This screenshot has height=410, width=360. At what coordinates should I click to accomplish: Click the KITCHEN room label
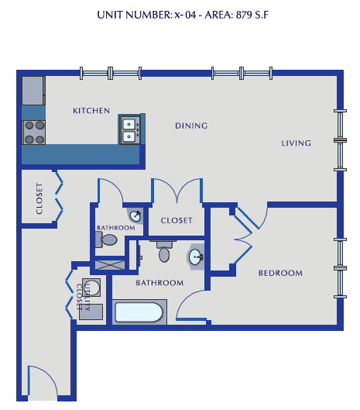click(91, 111)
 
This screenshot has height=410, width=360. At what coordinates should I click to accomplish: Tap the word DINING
click(190, 126)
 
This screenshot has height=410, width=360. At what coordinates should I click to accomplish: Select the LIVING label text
click(296, 143)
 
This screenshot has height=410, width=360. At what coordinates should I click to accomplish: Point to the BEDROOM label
click(279, 273)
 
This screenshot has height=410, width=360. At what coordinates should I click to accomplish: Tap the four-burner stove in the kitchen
click(34, 133)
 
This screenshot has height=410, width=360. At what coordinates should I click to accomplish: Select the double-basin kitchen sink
click(129, 129)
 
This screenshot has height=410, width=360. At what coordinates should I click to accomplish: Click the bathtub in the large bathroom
click(139, 313)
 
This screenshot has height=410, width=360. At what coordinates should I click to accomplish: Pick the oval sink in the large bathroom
click(195, 257)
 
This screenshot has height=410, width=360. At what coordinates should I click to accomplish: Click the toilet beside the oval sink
click(164, 251)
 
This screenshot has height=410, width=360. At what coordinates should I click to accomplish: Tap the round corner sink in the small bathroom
click(135, 216)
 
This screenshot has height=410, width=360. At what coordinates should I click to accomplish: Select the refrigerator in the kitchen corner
click(33, 91)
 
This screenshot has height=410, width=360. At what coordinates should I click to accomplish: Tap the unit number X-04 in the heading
click(180, 15)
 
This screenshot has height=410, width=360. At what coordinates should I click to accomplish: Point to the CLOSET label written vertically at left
click(39, 198)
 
